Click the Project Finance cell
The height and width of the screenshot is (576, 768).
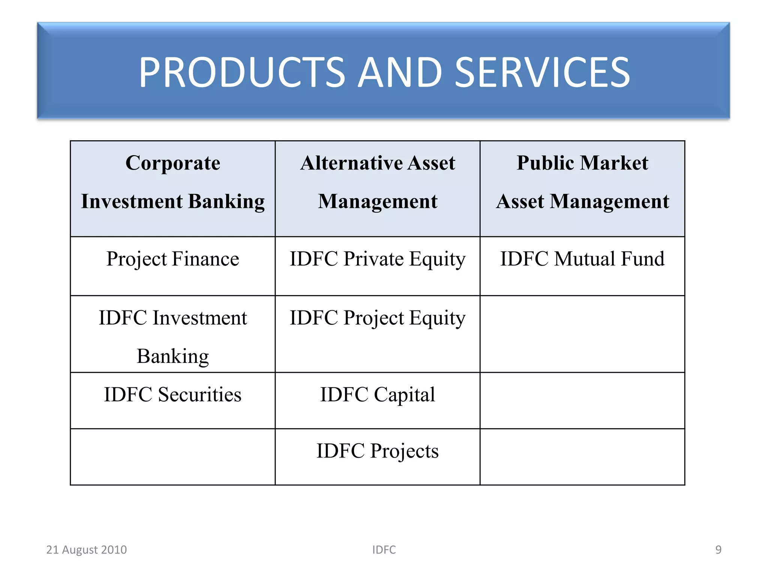tap(173, 259)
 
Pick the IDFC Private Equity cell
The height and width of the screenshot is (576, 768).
tap(378, 259)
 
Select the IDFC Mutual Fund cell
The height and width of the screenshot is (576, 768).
tap(582, 259)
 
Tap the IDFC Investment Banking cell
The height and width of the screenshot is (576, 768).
tap(173, 336)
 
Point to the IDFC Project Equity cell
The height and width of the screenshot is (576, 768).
tap(378, 318)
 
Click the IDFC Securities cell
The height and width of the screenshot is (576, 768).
tap(173, 394)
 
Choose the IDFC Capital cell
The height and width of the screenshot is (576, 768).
tap(378, 394)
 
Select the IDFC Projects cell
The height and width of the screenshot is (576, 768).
tap(378, 451)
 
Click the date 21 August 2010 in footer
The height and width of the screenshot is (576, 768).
tap(87, 550)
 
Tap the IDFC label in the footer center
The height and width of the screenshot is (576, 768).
tap(384, 550)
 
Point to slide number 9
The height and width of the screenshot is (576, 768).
tap(718, 550)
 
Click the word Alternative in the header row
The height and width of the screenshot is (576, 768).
tap(351, 163)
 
